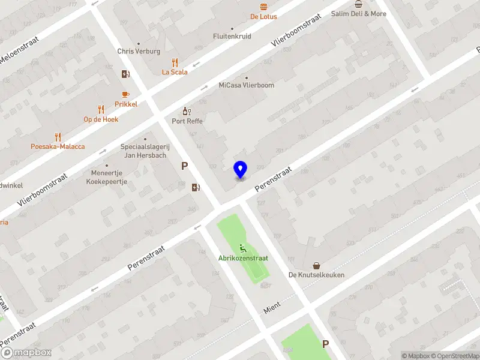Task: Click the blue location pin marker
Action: coord(240,170)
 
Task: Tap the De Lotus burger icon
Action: coord(263,7)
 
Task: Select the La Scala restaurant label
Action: coord(175,72)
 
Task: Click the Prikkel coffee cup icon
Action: coord(125,94)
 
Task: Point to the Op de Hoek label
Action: coord(101,119)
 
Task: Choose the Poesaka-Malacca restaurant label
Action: coord(58,146)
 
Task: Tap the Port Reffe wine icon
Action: coord(186,111)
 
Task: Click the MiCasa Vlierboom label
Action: coord(246,85)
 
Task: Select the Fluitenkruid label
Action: coord(232,36)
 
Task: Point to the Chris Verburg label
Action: coord(139,52)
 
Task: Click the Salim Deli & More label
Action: coord(359,14)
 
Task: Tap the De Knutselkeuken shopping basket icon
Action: coord(316,265)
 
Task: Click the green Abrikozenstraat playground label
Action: coord(243,258)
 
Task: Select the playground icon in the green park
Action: coord(243,248)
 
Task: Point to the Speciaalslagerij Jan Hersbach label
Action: coord(145,151)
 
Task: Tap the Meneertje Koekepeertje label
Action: coord(107,178)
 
